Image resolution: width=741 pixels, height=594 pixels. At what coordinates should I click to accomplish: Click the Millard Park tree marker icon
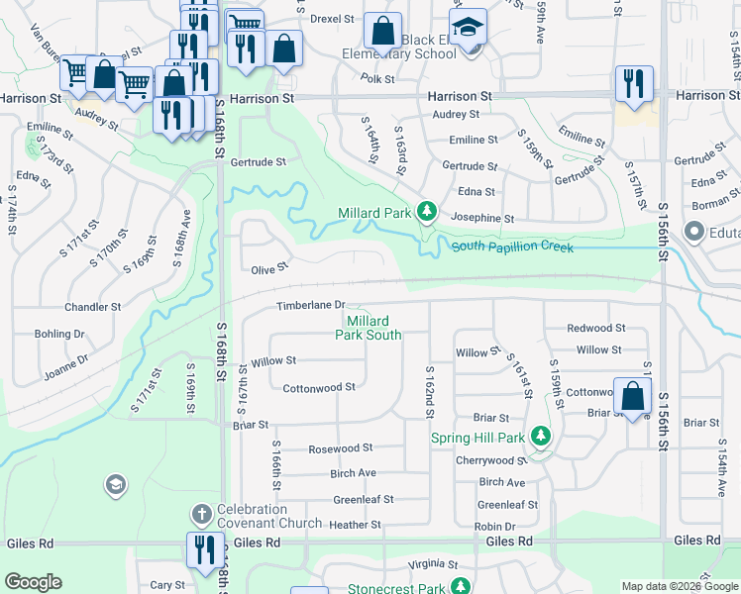426,211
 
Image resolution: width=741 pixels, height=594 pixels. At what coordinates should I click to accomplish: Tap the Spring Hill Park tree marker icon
540,436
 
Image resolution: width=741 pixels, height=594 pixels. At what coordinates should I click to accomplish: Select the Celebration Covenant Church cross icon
201,514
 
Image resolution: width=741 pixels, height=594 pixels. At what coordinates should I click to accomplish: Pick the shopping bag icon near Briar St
632,396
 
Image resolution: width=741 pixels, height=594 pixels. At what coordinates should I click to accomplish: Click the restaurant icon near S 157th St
632,83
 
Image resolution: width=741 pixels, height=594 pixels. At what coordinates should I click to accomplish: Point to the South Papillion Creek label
512,246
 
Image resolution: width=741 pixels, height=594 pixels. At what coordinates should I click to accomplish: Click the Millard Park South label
368,328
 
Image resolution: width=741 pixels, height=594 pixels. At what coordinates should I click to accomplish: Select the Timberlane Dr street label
310,305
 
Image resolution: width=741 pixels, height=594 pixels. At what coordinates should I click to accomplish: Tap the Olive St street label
268,268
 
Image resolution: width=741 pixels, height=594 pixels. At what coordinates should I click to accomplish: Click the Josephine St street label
481,218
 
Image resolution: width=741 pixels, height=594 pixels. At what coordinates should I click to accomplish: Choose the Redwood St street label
595,328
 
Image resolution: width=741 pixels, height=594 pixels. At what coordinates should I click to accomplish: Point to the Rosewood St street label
341,448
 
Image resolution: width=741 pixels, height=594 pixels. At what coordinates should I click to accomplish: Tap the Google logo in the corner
34,582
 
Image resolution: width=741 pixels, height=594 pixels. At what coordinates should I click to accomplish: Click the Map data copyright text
680,586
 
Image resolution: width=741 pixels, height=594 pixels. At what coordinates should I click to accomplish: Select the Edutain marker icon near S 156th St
693,233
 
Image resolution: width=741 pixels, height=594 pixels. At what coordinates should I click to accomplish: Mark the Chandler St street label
92,307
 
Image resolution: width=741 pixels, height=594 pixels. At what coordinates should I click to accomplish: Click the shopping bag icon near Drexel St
382,31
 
